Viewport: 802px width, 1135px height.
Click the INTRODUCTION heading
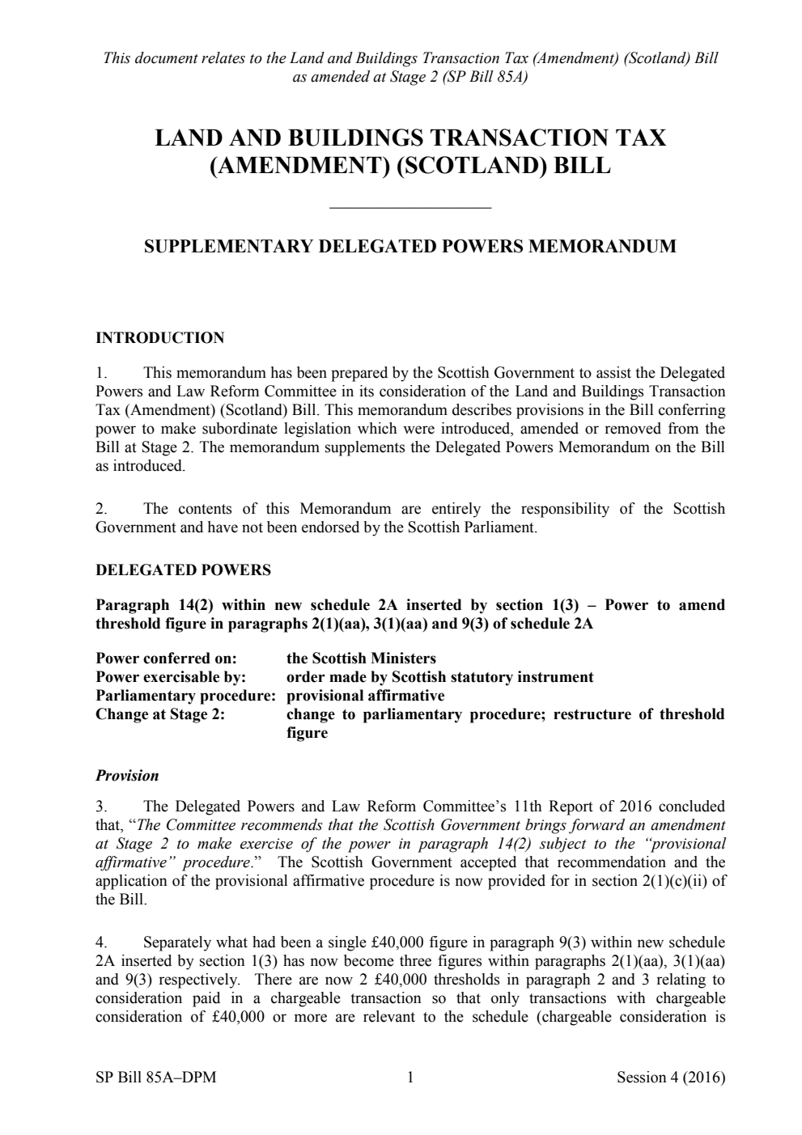[159, 338]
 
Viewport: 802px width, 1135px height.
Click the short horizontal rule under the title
[410, 209]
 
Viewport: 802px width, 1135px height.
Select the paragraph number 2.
[101, 509]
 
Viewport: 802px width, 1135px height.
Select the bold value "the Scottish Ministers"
[361, 659]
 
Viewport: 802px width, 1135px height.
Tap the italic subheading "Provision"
[127, 776]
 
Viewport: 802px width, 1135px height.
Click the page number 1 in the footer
[409, 1078]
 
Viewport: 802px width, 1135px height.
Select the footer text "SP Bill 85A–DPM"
[155, 1078]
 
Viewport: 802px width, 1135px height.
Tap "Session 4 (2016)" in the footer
[670, 1078]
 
